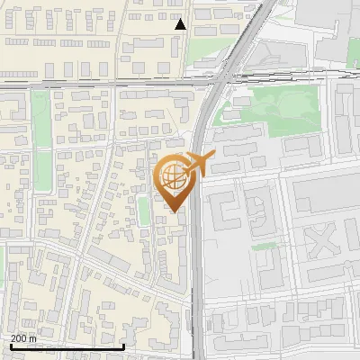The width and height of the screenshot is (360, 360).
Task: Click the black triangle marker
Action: coord(181,24)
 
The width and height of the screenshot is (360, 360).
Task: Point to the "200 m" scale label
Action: coord(24,337)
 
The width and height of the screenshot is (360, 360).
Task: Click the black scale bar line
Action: coord(67,346)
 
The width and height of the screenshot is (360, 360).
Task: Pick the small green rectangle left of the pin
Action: coord(143,211)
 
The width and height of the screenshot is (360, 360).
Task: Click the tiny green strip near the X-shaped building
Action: coord(263,246)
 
